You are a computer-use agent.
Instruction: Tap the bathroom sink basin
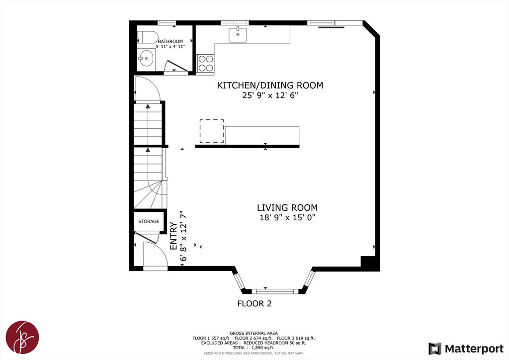(x=146, y=59)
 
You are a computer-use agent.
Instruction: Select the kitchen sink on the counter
(x=238, y=35)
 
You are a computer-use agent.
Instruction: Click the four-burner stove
(x=205, y=63)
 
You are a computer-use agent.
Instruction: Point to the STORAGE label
(x=149, y=221)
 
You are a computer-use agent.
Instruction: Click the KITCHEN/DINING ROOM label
(x=270, y=86)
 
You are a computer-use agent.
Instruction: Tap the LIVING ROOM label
(x=287, y=207)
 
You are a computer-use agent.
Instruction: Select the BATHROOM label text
(x=170, y=42)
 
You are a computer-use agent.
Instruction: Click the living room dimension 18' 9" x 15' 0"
(x=287, y=217)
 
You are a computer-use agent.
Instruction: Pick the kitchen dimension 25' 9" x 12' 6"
(x=270, y=95)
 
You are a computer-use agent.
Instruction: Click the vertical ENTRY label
(x=173, y=236)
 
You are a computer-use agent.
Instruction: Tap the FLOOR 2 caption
(x=254, y=303)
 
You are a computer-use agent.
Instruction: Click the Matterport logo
(x=466, y=349)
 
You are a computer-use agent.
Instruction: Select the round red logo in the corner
(x=22, y=337)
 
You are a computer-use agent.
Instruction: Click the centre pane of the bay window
(x=275, y=291)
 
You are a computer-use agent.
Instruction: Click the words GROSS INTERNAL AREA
(x=254, y=333)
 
